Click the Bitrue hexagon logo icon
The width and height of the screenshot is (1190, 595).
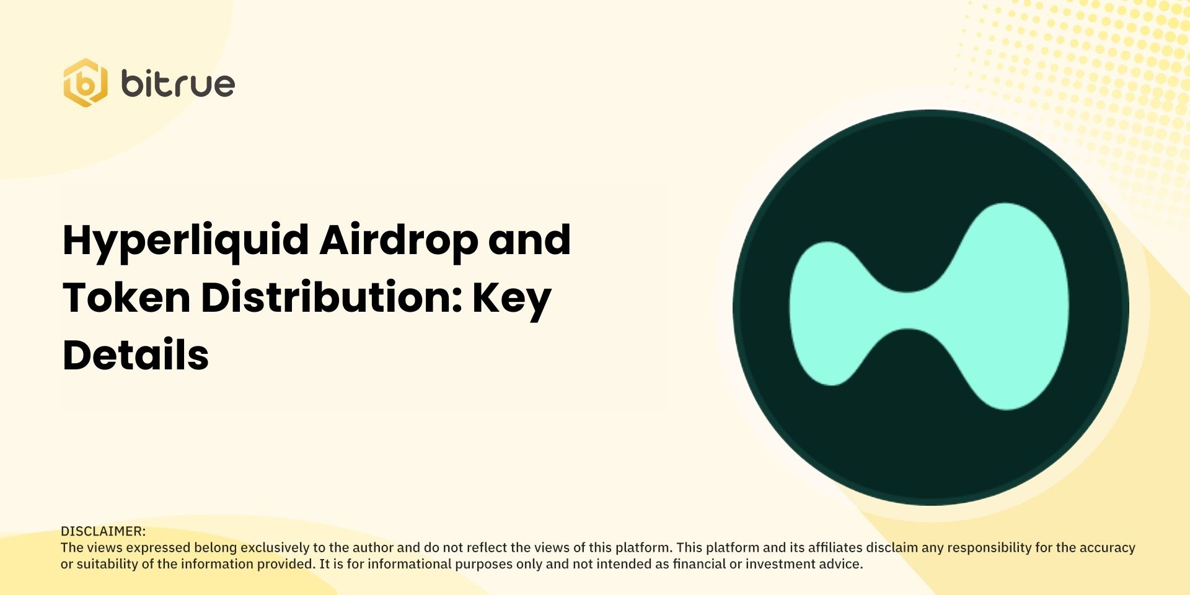[85, 83]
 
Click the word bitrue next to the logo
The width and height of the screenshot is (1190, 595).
[178, 83]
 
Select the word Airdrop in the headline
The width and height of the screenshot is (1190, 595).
[399, 240]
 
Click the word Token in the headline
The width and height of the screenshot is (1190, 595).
[126, 297]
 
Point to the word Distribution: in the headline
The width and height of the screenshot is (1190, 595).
[332, 297]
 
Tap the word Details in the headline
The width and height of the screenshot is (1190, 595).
[136, 355]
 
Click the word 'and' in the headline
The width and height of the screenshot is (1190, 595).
[529, 240]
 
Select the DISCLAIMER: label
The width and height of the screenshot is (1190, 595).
[103, 531]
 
